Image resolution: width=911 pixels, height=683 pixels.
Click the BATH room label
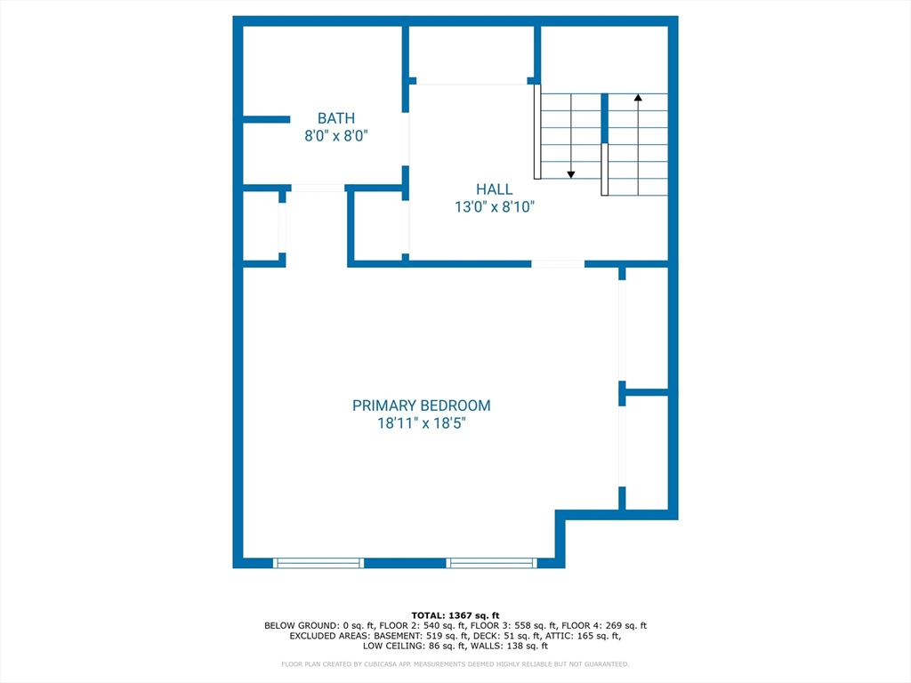pos(336,117)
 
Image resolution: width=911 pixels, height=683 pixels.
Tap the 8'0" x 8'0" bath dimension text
pos(336,136)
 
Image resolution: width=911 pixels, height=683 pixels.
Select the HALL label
pos(494,189)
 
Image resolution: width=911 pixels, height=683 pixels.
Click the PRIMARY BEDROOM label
pos(421,406)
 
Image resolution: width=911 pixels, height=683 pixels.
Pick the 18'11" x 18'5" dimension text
pos(421,424)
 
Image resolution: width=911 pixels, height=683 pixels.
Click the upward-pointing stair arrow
pos(638,98)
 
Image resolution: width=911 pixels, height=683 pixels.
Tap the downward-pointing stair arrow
pos(571,173)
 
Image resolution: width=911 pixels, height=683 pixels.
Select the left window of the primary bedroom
pos(318,563)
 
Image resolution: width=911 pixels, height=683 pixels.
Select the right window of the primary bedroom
pos(492,563)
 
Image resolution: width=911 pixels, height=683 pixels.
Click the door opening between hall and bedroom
pos(558,263)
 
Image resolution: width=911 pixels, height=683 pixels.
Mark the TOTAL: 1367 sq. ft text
pos(455,615)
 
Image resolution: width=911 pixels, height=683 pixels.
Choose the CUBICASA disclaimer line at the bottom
pos(455,663)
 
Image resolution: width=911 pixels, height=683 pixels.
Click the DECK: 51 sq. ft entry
pos(524,637)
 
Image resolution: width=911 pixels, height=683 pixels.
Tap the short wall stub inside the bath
pos(267,119)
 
